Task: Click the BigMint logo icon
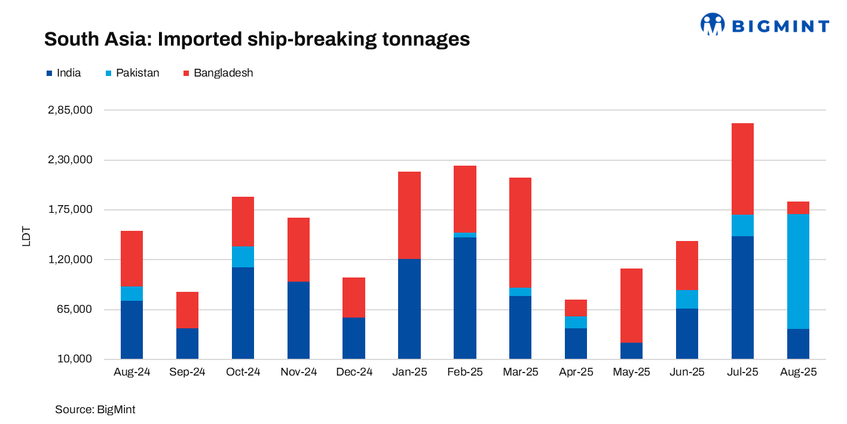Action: pyautogui.click(x=712, y=25)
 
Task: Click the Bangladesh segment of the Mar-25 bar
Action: pyautogui.click(x=520, y=233)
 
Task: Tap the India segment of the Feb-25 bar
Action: pyautogui.click(x=464, y=298)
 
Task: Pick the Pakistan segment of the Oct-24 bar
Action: pyautogui.click(x=243, y=257)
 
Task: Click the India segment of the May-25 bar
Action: pyautogui.click(x=631, y=350)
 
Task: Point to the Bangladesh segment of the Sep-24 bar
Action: pyautogui.click(x=187, y=310)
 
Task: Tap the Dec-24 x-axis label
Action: pyautogui.click(x=353, y=372)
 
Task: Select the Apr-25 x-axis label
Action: pyautogui.click(x=576, y=372)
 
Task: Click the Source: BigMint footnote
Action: pyautogui.click(x=95, y=410)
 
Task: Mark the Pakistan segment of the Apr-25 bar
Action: pyautogui.click(x=576, y=322)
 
